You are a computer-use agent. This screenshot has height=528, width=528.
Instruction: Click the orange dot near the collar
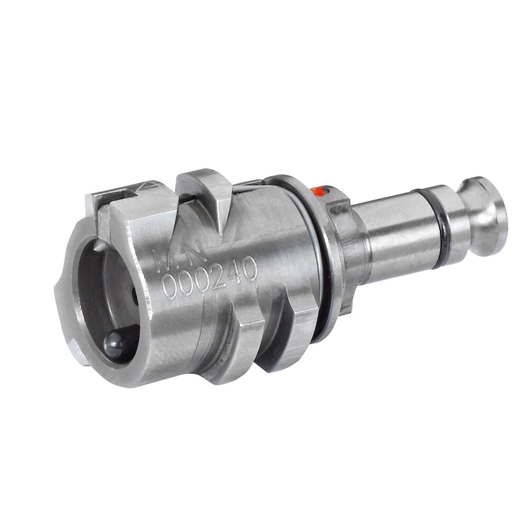pos(318,192)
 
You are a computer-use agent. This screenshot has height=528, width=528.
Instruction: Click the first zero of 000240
pos(170,288)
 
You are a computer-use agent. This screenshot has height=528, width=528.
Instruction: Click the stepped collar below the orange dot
pos(341,222)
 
